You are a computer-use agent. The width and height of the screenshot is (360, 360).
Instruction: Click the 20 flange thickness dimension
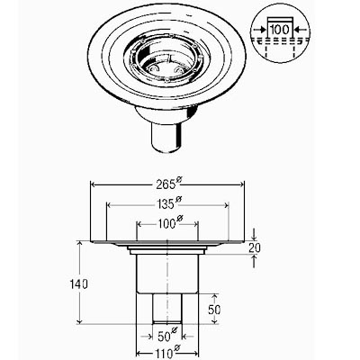pyautogui.click(x=255, y=248)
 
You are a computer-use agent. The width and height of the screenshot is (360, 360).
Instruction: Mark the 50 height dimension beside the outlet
pyautogui.click(x=214, y=310)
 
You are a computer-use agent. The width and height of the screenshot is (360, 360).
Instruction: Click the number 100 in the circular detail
pyautogui.click(x=280, y=30)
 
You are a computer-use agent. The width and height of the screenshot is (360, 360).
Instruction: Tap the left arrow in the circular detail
pyautogui.click(x=260, y=30)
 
